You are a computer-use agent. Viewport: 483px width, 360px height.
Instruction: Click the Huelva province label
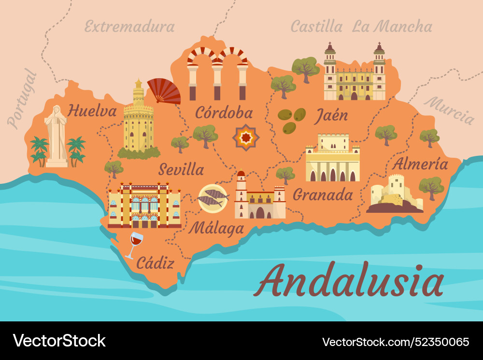click(x=92, y=111)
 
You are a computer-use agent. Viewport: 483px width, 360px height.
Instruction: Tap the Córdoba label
click(x=224, y=112)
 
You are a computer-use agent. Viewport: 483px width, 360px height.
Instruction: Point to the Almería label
click(x=420, y=164)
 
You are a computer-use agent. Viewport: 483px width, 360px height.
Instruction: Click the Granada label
click(x=323, y=194)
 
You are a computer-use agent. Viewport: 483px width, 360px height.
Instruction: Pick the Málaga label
click(x=216, y=227)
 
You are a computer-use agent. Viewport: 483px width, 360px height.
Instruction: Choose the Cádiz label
click(x=155, y=263)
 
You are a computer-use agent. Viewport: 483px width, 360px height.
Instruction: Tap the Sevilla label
click(x=181, y=169)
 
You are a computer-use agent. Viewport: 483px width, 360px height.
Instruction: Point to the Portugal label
click(x=22, y=99)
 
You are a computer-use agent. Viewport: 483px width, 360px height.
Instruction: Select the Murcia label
click(x=449, y=111)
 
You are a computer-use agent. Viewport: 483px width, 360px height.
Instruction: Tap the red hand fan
click(x=164, y=91)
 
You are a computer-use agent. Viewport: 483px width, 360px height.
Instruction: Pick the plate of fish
click(x=213, y=198)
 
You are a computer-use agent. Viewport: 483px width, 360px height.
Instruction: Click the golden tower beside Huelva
click(x=138, y=118)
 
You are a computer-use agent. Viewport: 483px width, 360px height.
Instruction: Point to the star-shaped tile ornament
click(x=246, y=138)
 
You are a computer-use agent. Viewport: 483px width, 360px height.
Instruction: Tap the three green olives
click(x=291, y=120)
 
